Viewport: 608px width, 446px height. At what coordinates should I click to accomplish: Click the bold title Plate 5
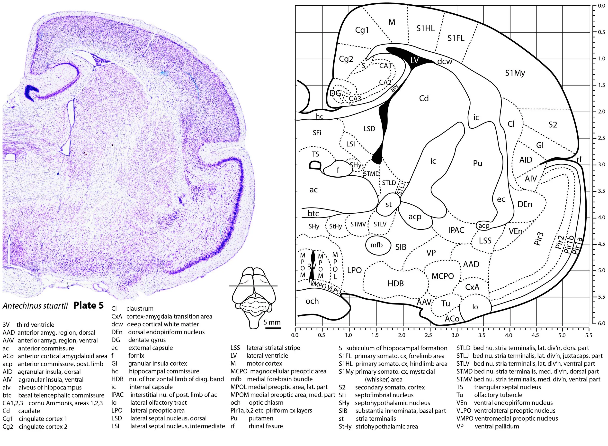pyautogui.click(x=88, y=305)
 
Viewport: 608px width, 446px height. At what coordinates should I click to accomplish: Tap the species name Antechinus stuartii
pyautogui.click(x=35, y=306)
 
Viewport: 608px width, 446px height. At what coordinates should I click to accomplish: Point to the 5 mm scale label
pyautogui.click(x=272, y=322)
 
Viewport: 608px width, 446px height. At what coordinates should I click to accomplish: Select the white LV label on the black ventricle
pyautogui.click(x=414, y=60)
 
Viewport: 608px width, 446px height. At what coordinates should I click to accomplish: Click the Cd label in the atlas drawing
pyautogui.click(x=424, y=98)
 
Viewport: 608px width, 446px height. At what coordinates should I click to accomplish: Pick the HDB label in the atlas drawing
pyautogui.click(x=396, y=284)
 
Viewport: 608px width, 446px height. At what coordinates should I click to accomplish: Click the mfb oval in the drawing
pyautogui.click(x=376, y=245)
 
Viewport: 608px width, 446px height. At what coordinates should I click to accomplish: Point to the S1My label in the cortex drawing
pyautogui.click(x=515, y=73)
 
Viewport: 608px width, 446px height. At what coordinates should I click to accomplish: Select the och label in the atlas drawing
pyautogui.click(x=312, y=301)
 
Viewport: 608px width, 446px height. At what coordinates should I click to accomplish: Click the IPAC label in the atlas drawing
pyautogui.click(x=456, y=230)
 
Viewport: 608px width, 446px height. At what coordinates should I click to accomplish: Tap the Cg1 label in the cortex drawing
pyautogui.click(x=362, y=30)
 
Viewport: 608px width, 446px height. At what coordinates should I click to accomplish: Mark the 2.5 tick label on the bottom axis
pyautogui.click(x=428, y=335)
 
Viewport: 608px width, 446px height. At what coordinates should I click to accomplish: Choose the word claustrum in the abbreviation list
pyautogui.click(x=140, y=309)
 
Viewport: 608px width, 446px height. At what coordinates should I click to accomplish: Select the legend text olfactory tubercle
pyautogui.click(x=498, y=395)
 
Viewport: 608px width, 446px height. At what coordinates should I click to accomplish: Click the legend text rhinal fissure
pyautogui.click(x=266, y=426)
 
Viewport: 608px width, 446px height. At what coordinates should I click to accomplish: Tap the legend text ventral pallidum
pyautogui.click(x=497, y=426)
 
